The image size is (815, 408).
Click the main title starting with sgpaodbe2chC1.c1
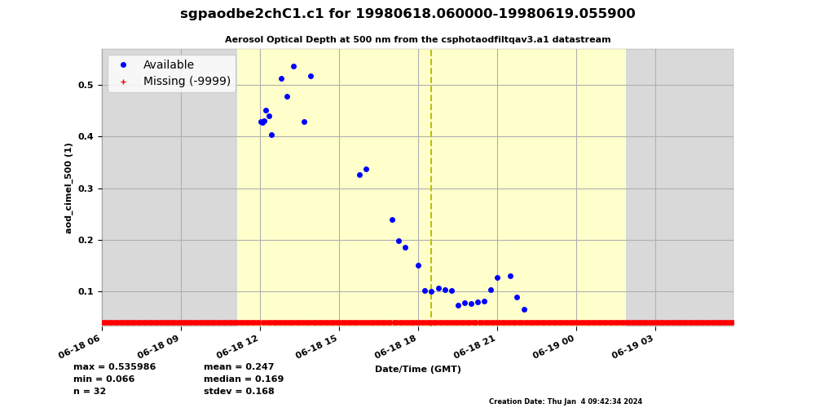tap(407, 14)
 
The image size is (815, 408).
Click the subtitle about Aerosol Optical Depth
tap(417, 39)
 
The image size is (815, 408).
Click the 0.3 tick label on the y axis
tap(86, 188)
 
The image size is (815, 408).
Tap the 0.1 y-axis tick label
tap(86, 291)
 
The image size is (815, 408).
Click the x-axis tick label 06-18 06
tap(80, 348)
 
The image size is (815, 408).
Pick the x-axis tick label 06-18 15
tap(317, 348)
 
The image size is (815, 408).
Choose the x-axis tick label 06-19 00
tap(554, 348)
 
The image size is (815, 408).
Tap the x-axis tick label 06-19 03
tap(633, 348)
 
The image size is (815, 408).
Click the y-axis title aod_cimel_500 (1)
tap(69, 188)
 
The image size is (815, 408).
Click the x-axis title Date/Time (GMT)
tap(417, 370)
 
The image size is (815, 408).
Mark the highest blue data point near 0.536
tap(293, 67)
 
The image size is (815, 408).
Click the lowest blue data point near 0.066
tap(524, 309)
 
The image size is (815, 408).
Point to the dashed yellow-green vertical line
tap(431, 188)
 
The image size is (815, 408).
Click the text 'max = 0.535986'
tap(114, 367)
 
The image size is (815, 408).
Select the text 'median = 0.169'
tap(244, 379)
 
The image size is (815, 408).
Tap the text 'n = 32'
tap(90, 392)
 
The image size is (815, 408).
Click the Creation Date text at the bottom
tap(566, 401)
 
